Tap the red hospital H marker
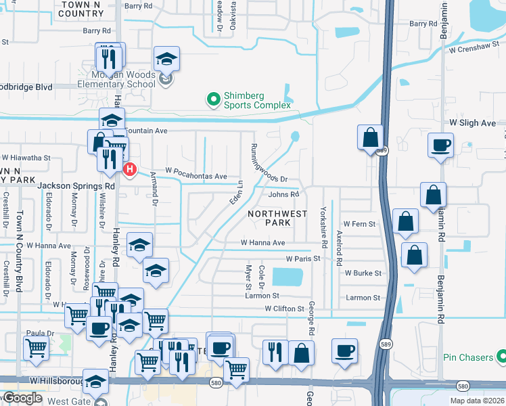coord(128,169)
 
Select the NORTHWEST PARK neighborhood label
coord(269,218)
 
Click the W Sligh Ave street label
coord(473,124)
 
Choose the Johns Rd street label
coord(283,195)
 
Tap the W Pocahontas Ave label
coord(196,176)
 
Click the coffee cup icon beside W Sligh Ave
coord(440,144)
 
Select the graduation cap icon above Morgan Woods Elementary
coord(166,59)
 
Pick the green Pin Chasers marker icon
coord(501,357)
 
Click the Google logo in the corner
coord(22,398)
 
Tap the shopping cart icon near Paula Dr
coord(35,348)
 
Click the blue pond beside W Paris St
coord(287,277)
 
